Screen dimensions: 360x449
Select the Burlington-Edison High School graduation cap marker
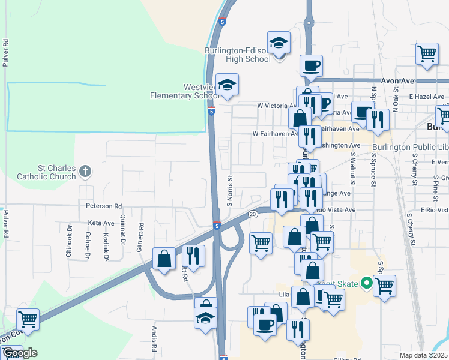coord(279,43)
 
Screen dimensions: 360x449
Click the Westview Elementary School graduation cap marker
coord(228,85)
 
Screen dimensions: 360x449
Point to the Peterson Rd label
coord(100,206)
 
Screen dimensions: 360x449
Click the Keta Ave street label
coord(101,223)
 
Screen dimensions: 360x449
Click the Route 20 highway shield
coord(252,214)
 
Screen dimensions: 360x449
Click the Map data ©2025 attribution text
coord(424,355)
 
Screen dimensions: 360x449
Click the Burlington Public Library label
coord(410,148)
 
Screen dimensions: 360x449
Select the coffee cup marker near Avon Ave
coord(311,65)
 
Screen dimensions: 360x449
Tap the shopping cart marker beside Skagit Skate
coord(384,286)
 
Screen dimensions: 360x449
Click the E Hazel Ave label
coord(427,96)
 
